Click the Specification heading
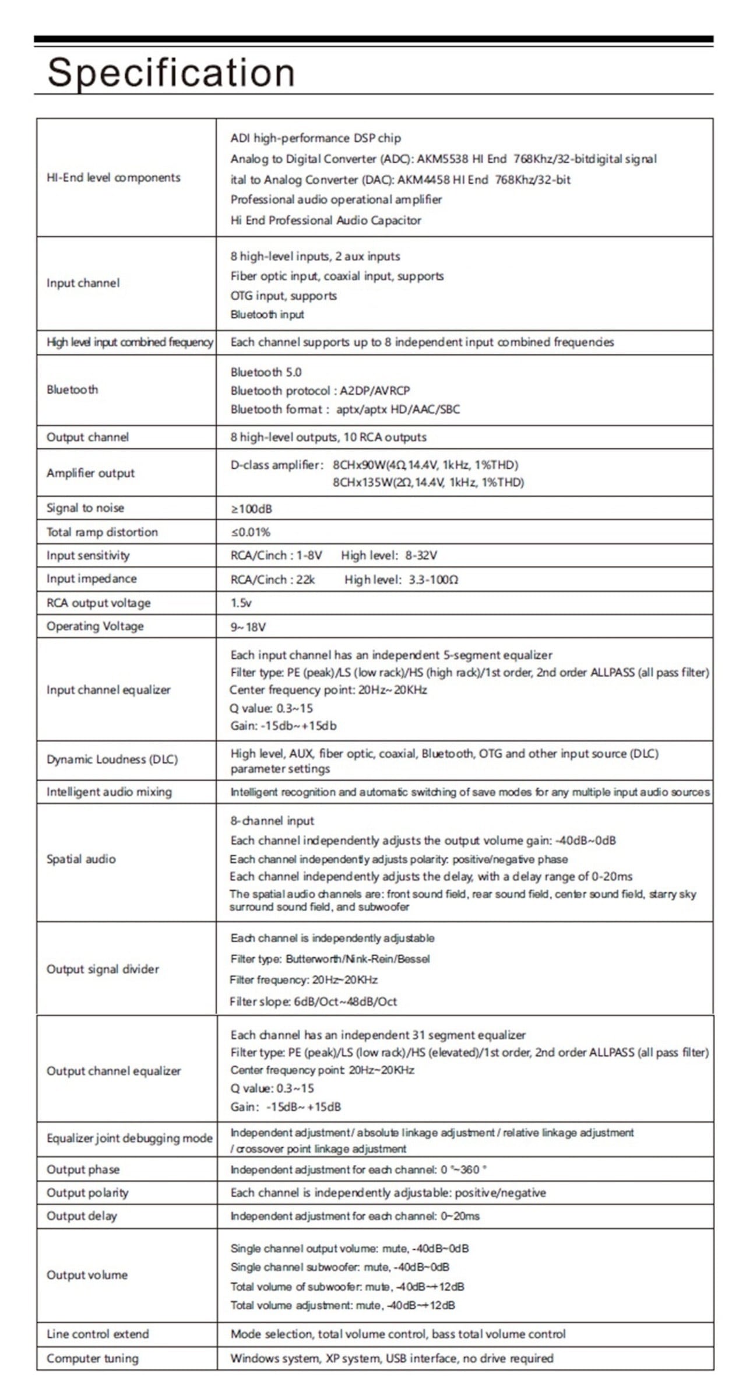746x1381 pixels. tap(171, 72)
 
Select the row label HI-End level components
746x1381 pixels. tap(114, 178)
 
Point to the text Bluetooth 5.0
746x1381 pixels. tap(266, 372)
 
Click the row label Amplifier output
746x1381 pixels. tap(90, 473)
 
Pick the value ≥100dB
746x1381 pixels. tap(251, 509)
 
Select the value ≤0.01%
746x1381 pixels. tap(251, 532)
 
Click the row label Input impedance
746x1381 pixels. tap(92, 579)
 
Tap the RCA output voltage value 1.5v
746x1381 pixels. tap(241, 603)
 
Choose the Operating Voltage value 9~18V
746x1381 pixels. tap(248, 627)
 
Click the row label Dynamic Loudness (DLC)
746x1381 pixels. tap(112, 760)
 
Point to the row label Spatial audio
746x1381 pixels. tap(81, 859)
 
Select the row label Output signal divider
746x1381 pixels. tap(103, 969)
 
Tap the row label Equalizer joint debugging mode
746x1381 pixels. tap(129, 1138)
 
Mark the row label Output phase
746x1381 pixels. tap(83, 1169)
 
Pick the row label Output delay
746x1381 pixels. tap(82, 1216)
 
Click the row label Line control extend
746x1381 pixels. tap(97, 1334)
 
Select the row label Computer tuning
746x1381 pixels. tap(93, 1358)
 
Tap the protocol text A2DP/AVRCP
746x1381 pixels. tap(375, 391)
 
